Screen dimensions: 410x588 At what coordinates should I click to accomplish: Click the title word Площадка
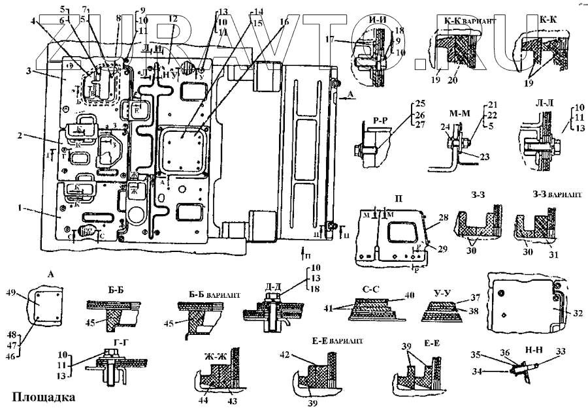pyautogui.click(x=43, y=396)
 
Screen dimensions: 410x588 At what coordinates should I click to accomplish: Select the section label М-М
pyautogui.click(x=461, y=111)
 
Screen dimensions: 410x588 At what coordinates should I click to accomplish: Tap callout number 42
pyautogui.click(x=284, y=355)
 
